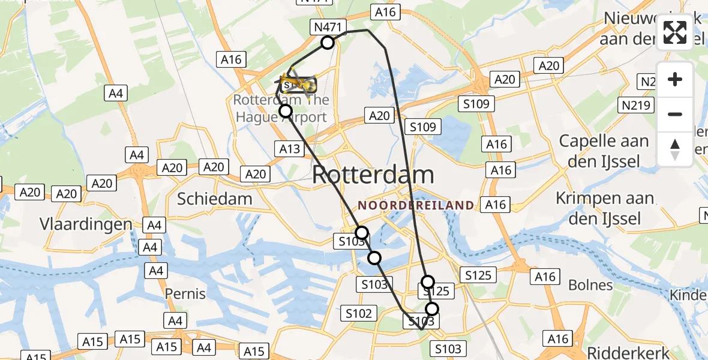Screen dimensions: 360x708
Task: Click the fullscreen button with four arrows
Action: click(675, 32)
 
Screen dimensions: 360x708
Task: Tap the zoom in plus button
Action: click(675, 79)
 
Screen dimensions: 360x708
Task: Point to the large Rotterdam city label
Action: click(373, 175)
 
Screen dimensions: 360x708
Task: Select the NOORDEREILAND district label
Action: click(416, 205)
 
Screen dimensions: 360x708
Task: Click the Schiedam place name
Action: click(214, 199)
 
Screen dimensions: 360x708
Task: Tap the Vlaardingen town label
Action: click(86, 224)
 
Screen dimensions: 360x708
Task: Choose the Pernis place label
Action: click(185, 294)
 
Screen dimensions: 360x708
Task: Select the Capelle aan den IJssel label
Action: click(604, 151)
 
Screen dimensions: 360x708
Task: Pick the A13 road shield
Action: click(289, 148)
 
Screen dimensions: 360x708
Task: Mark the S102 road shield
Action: click(359, 313)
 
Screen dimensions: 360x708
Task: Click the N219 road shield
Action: click(635, 106)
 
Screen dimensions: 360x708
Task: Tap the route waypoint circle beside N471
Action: click(328, 43)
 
